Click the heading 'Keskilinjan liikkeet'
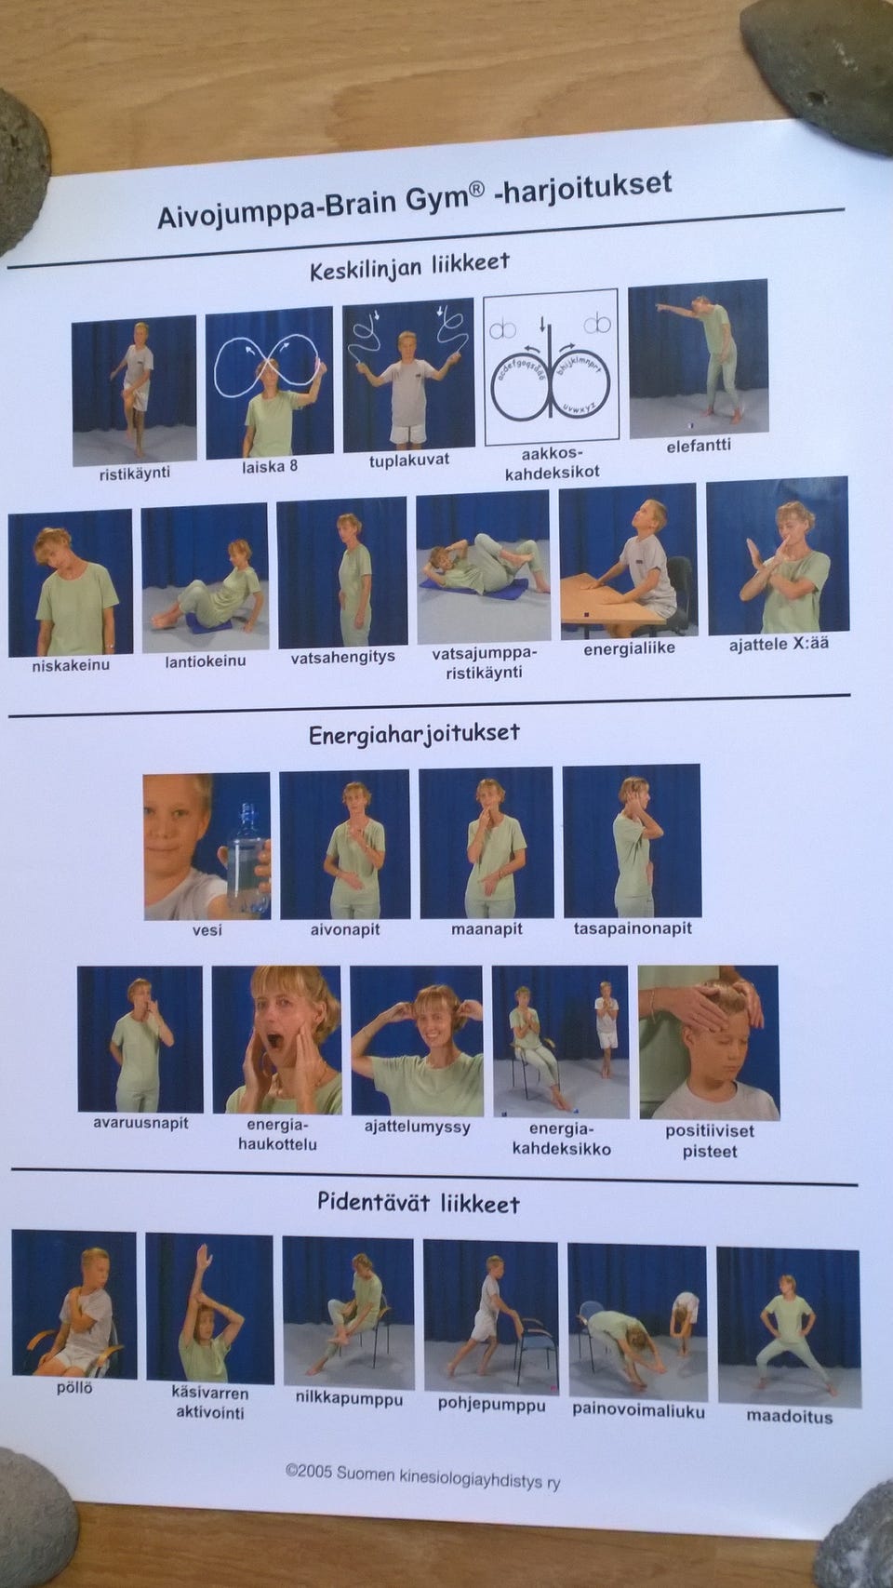[409, 267]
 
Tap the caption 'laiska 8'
[270, 466]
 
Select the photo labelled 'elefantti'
[699, 359]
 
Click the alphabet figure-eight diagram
[551, 367]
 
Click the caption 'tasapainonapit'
[633, 928]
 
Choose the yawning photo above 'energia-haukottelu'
[276, 1039]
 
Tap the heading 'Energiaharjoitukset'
[414, 734]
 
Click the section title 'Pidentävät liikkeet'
[419, 1202]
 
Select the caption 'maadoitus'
[789, 1417]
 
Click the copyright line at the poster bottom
[423, 1476]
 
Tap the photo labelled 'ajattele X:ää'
[779, 555]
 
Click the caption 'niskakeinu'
[71, 666]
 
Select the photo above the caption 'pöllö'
[74, 1304]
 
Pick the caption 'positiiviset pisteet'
[710, 1140]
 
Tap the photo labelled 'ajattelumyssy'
[418, 1041]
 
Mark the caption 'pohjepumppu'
[491, 1405]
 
